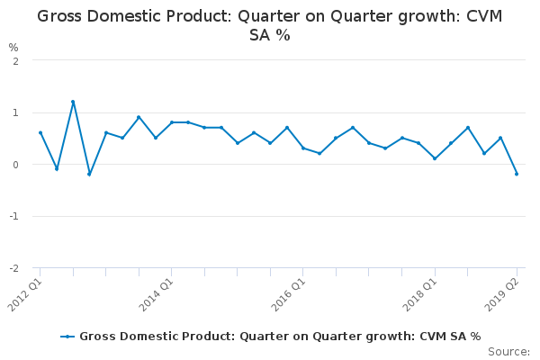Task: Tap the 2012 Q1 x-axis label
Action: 27,293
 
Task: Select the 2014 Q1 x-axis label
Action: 158,293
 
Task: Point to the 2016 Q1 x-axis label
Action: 290,293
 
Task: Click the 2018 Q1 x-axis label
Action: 421,293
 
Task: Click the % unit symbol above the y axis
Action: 13,47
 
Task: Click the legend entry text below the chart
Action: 280,337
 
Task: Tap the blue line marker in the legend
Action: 67,337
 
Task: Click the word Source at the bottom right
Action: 509,352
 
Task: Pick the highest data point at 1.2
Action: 73,102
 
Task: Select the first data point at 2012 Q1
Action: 40,133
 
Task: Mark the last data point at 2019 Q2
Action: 517,174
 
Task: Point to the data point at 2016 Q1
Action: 303,148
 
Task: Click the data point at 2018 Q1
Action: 435,159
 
